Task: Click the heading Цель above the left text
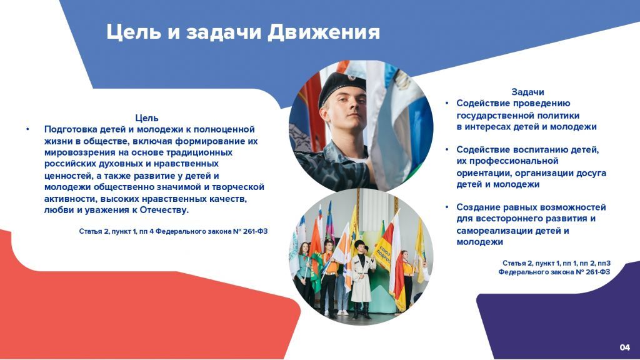[146, 118]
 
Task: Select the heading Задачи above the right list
[527, 92]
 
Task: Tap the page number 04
[624, 347]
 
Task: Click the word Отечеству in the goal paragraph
[164, 210]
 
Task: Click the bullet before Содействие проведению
[447, 103]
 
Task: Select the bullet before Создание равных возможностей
[447, 207]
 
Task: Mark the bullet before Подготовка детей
[27, 129]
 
